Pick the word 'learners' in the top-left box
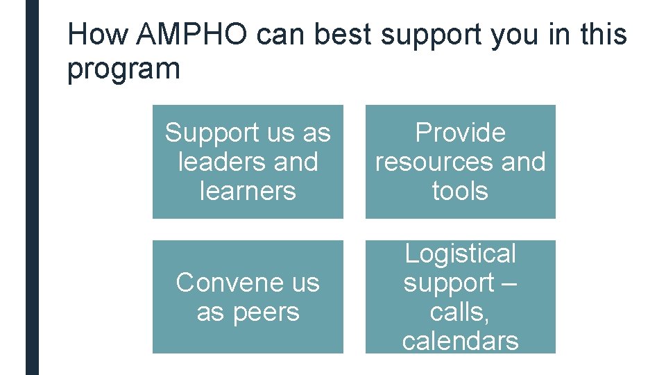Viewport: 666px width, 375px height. pos(248,191)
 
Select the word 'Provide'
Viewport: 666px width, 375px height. pos(460,133)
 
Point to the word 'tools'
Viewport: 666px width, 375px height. pos(460,191)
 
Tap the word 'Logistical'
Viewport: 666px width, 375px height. pos(460,254)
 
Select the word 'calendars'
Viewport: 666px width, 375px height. pos(460,341)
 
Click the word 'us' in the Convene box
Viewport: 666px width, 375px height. pos(305,283)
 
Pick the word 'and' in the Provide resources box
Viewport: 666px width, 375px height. pos(523,162)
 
